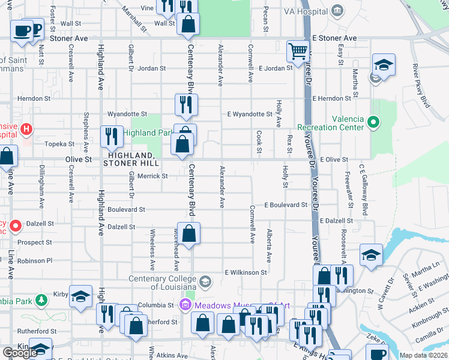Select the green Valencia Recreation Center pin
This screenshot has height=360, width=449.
[x=373, y=124]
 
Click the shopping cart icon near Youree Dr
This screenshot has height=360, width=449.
[x=297, y=51]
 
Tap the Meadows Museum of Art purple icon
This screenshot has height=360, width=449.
[x=185, y=305]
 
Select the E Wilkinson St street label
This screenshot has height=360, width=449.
[x=246, y=272]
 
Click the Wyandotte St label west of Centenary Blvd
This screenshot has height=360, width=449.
[x=127, y=113]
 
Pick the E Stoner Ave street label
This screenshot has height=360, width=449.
[x=334, y=38]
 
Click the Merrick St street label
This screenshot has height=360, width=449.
[x=152, y=176]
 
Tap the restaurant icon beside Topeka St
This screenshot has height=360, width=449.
[x=111, y=137]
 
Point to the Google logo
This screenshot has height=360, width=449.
[x=20, y=353]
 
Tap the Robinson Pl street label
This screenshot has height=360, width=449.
[x=35, y=261]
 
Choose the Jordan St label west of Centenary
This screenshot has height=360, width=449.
[x=151, y=68]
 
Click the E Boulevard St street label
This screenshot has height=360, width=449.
[x=285, y=205]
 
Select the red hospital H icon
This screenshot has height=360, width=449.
[x=26, y=128]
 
